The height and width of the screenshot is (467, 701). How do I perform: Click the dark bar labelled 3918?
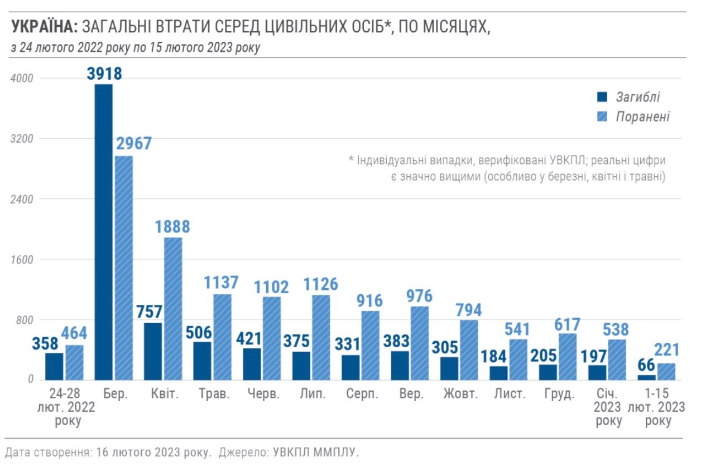coord(104,232)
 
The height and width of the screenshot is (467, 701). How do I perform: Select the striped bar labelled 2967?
coord(124,267)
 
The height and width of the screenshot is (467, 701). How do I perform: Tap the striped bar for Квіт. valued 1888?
coord(173,309)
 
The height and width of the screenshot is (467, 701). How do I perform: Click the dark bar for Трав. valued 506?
coord(203,361)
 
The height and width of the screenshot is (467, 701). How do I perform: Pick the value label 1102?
coord(272,286)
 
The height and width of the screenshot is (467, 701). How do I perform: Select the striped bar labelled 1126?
coord(321,337)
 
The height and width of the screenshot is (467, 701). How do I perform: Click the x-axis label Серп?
coord(362,395)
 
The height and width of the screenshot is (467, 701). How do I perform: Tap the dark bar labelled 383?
coord(400,366)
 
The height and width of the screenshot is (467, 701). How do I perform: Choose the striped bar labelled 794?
coord(469,350)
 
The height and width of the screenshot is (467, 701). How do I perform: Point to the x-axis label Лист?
coord(510,395)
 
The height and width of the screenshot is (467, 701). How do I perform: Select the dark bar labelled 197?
coord(597,372)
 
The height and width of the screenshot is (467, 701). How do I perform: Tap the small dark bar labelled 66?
coord(646,377)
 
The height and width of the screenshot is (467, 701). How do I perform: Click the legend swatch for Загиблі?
coord(602,98)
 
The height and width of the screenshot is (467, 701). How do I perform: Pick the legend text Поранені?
coord(642,117)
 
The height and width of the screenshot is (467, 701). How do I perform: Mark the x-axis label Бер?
coord(116,395)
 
